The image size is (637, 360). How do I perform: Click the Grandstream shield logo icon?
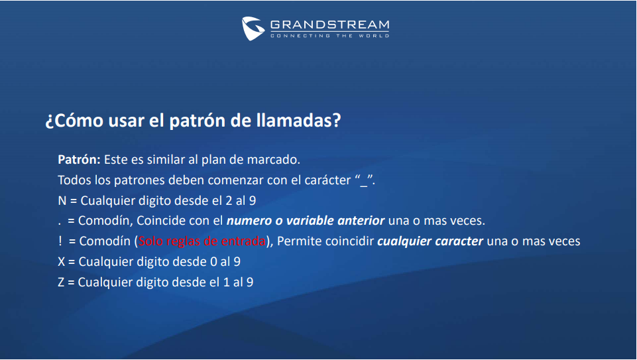pyautogui.click(x=253, y=29)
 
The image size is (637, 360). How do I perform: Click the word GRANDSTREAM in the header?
pyautogui.click(x=330, y=25)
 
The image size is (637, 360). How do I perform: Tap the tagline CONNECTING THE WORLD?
pyautogui.click(x=330, y=36)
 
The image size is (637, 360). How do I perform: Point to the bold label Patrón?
pyautogui.click(x=79, y=159)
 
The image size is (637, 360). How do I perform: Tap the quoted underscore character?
pyautogui.click(x=364, y=181)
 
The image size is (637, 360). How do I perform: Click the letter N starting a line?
pyautogui.click(x=62, y=201)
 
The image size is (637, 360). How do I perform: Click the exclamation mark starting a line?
pyautogui.click(x=60, y=241)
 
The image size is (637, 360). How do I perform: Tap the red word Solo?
pyautogui.click(x=151, y=241)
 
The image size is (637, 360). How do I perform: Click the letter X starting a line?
pyautogui.click(x=62, y=262)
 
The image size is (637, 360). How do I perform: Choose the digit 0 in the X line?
pyautogui.click(x=213, y=262)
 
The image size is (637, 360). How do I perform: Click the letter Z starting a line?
pyautogui.click(x=62, y=282)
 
